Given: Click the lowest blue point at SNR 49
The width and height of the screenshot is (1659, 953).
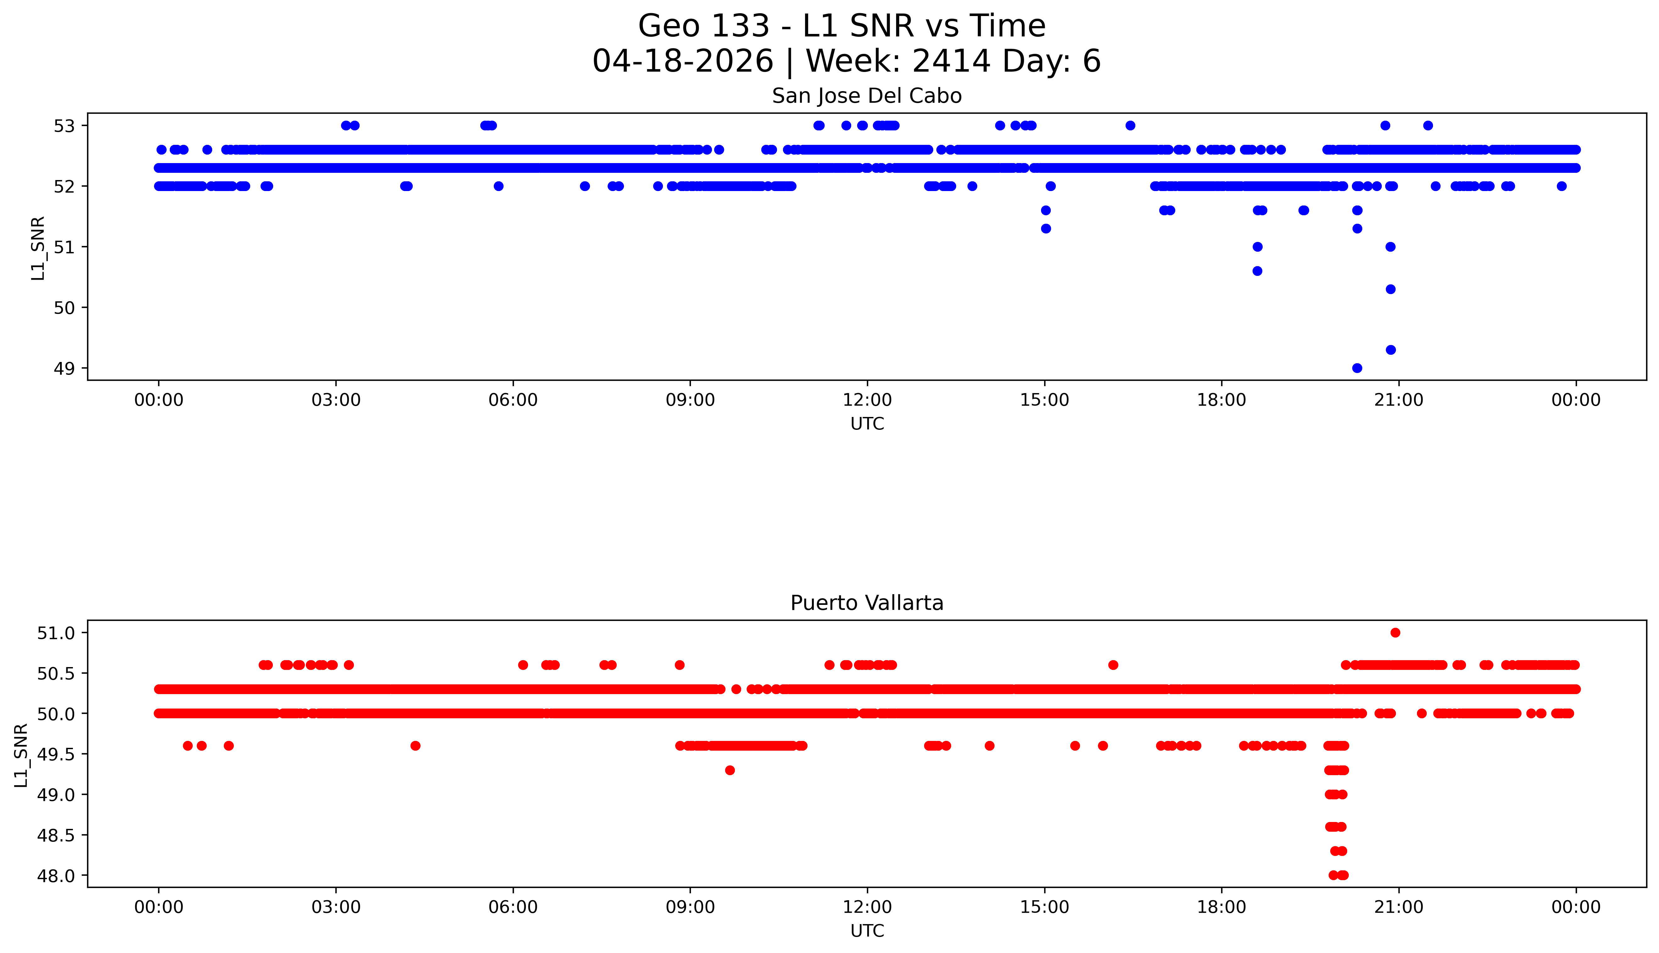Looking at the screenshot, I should click(x=1357, y=368).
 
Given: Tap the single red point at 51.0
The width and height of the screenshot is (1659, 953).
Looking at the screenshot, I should click(x=1395, y=632).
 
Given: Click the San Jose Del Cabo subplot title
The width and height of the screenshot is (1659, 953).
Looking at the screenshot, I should click(x=867, y=96).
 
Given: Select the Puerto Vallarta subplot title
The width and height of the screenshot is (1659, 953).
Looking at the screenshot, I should click(x=867, y=603).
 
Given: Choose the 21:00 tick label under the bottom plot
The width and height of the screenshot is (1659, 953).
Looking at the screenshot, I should click(x=1398, y=907).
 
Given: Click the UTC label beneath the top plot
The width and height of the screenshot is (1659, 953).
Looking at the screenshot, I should click(x=867, y=424).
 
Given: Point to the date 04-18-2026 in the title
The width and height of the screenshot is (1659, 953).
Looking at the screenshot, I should click(x=683, y=62).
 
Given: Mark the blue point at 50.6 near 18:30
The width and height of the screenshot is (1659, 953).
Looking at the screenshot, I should click(x=1257, y=271).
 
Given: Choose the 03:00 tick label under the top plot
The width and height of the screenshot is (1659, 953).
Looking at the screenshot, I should click(x=336, y=400).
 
